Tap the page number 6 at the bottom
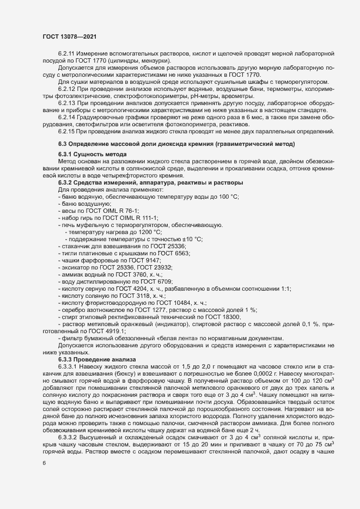click(44, 463)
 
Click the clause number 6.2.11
click(66, 56)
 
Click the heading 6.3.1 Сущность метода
click(84, 155)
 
